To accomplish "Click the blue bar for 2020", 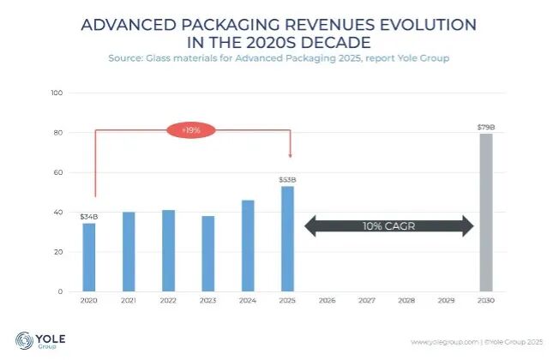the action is pos(89,257).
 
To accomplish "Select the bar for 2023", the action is pos(207,254).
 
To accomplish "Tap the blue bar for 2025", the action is pos(287,239).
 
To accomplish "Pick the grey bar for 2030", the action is pos(486,213).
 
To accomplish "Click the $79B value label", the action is pos(486,127).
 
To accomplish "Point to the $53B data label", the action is pos(287,180).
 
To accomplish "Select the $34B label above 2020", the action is pos(89,217).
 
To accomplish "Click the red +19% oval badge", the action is pos(191,130).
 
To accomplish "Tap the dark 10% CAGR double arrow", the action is pos(389,226).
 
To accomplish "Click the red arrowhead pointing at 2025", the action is pos(290,155).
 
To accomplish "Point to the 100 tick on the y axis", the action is pos(57,93).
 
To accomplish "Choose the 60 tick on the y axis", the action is pos(57,172).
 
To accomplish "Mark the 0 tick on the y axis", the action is pos(60,291).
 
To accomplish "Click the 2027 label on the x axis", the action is pos(367,301).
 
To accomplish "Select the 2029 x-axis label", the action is pos(446,301).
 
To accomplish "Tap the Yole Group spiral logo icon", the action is pos(24,340).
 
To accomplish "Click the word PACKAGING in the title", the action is pos(230,25).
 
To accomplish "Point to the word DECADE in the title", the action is pos(336,43).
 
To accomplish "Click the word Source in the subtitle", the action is pos(124,58).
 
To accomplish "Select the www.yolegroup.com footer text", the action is pos(445,342).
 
